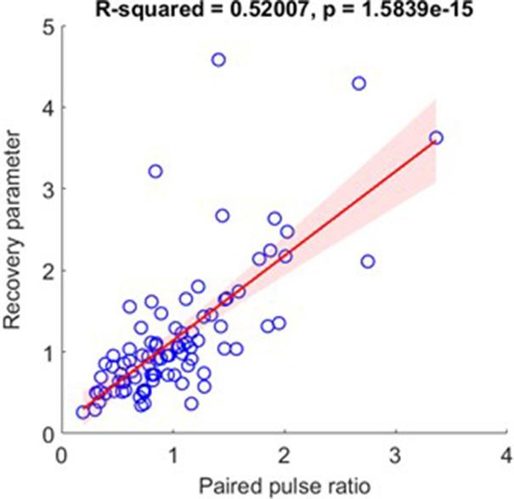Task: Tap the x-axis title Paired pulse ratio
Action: coord(284,485)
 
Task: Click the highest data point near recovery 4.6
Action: coord(218,59)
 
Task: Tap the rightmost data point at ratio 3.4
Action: coord(437,137)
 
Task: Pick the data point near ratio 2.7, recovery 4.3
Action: coord(359,83)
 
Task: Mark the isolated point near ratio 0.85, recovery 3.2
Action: coord(155,171)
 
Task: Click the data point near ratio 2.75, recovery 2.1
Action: coord(367,261)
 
